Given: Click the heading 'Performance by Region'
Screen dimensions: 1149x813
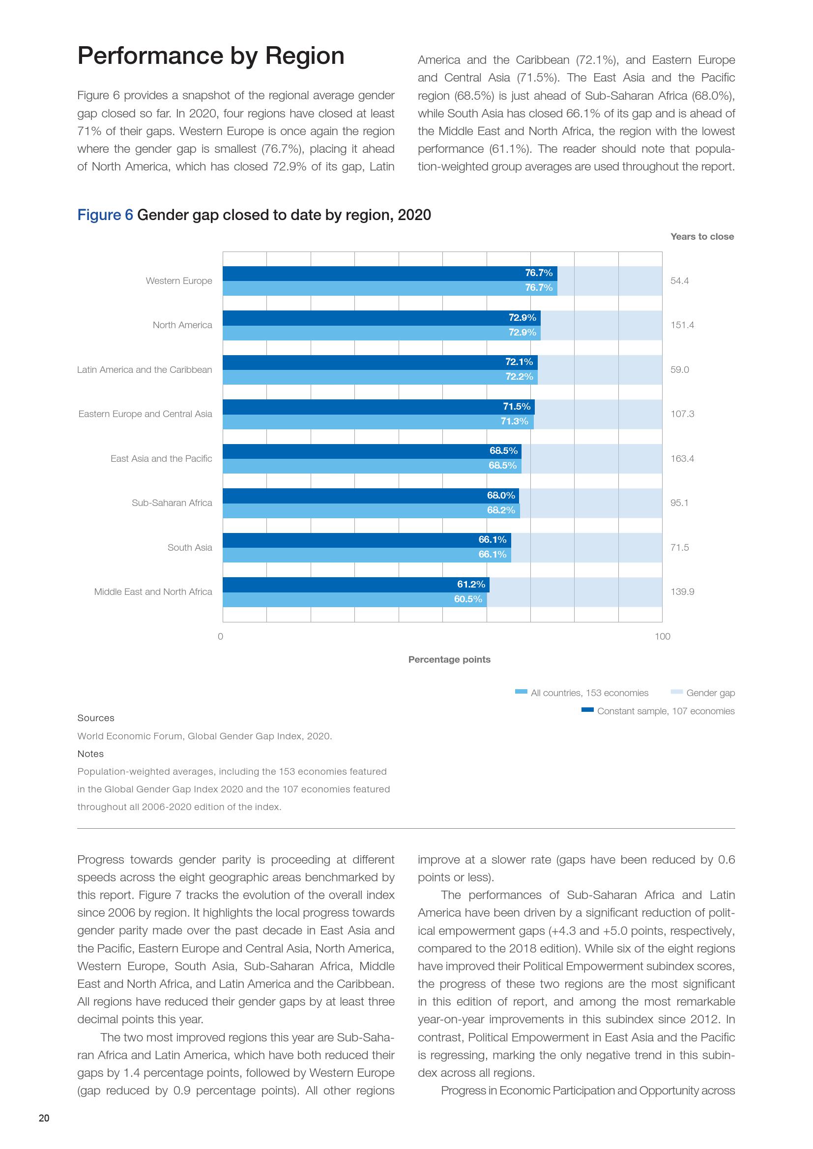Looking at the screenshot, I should click(x=211, y=56).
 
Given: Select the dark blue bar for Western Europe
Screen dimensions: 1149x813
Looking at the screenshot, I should click(x=389, y=273).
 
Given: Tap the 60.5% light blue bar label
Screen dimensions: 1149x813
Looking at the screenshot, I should click(x=467, y=599).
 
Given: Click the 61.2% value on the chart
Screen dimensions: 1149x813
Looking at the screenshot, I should click(x=470, y=584).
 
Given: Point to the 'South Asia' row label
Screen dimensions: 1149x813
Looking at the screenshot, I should click(x=190, y=547).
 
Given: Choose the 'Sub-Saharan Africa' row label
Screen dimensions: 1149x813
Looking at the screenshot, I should click(x=172, y=503).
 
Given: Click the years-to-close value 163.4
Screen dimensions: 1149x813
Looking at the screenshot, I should click(x=682, y=459).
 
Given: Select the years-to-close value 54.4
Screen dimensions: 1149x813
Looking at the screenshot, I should click(x=679, y=281).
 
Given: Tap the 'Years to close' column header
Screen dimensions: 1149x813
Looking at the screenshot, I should click(x=702, y=237).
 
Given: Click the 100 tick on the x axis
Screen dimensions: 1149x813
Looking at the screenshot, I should click(x=662, y=637).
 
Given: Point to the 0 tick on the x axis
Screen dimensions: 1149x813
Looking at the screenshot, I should click(x=220, y=637).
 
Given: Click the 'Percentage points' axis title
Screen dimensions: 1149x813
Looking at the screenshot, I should click(x=449, y=660).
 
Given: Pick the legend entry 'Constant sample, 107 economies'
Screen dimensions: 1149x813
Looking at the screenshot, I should click(x=666, y=711).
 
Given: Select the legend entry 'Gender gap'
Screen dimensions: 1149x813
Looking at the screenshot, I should click(x=710, y=693).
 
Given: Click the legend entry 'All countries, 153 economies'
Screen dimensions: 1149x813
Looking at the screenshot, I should click(x=589, y=693).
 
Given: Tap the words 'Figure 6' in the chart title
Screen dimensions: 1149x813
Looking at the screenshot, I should click(x=105, y=215).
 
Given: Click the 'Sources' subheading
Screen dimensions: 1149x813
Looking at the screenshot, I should click(x=96, y=718).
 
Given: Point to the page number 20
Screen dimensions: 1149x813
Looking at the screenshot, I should click(x=44, y=1132).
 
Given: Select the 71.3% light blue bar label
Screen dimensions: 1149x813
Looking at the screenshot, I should click(x=514, y=421).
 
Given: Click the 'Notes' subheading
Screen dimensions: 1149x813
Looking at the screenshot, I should click(x=90, y=754).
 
